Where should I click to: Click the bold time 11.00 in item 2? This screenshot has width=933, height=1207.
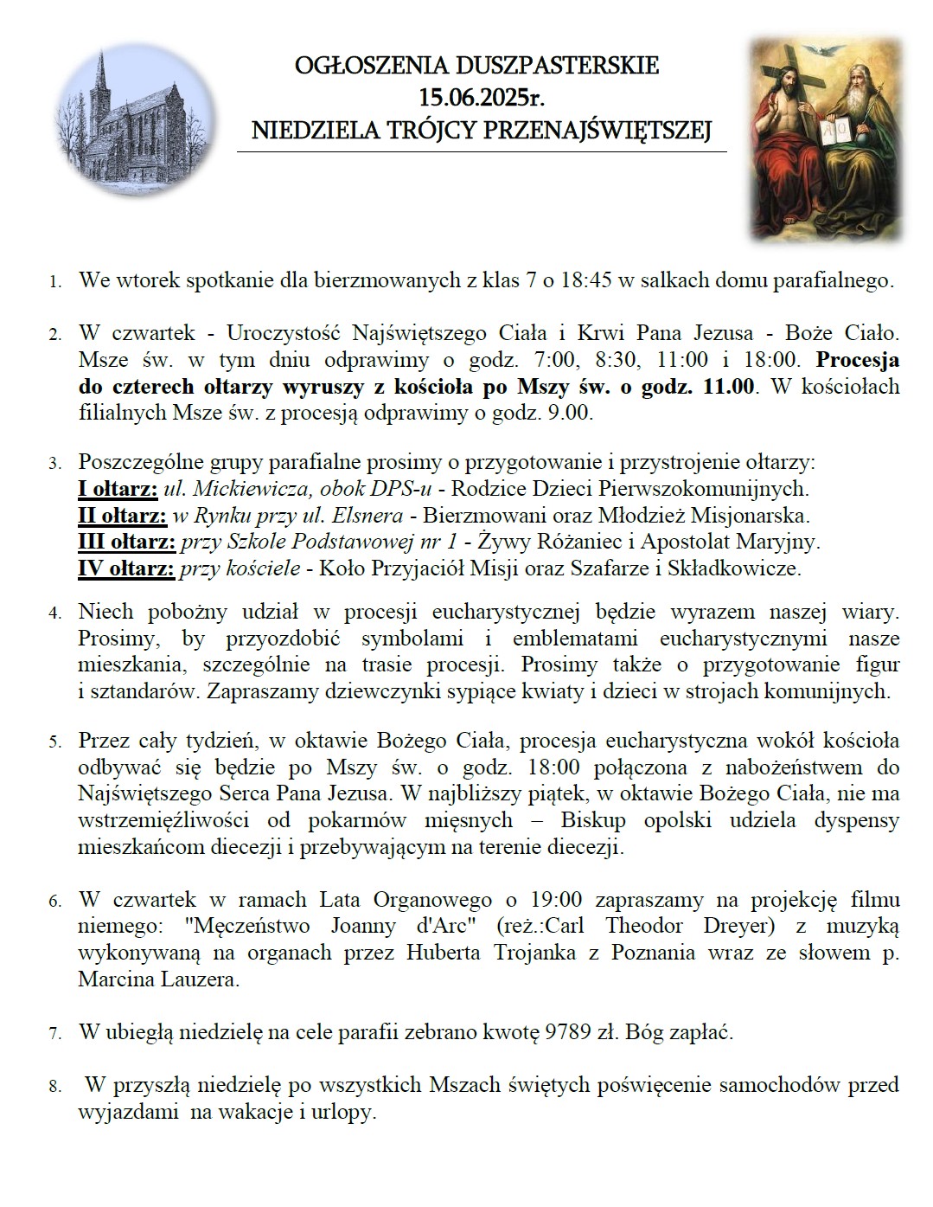[x=728, y=386]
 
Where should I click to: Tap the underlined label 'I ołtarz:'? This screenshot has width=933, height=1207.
[x=118, y=489]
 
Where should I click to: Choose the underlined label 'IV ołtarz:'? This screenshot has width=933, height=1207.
[x=126, y=568]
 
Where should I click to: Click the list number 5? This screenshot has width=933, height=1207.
[x=55, y=742]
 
